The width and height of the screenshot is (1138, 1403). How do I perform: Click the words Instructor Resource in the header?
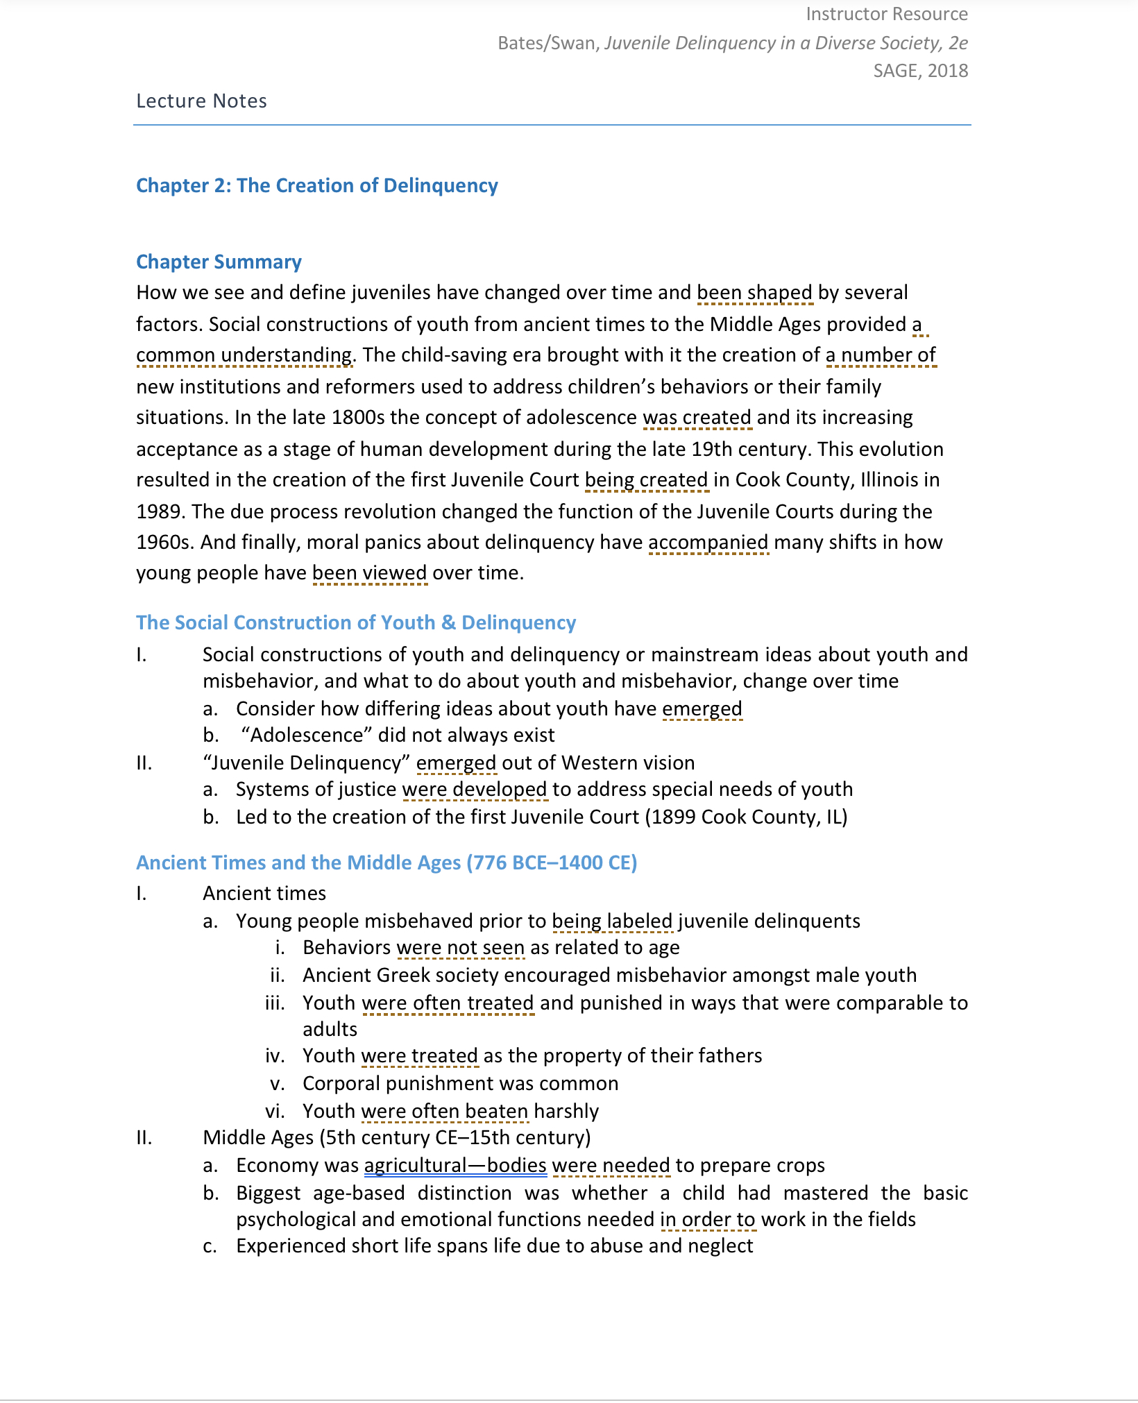tap(886, 14)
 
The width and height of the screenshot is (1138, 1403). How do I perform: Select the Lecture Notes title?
tap(201, 101)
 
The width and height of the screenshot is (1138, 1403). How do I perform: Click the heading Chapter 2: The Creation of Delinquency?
tap(316, 186)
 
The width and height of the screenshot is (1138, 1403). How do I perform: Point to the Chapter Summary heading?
tap(219, 262)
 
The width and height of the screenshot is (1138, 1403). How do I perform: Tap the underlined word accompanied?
tap(708, 543)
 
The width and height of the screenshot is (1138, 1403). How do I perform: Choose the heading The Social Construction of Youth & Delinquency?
tap(355, 623)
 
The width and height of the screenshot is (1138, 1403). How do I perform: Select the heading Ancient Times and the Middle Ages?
tap(386, 863)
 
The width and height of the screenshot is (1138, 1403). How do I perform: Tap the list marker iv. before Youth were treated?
tap(275, 1056)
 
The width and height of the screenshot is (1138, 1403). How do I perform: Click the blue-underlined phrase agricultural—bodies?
tap(455, 1166)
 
